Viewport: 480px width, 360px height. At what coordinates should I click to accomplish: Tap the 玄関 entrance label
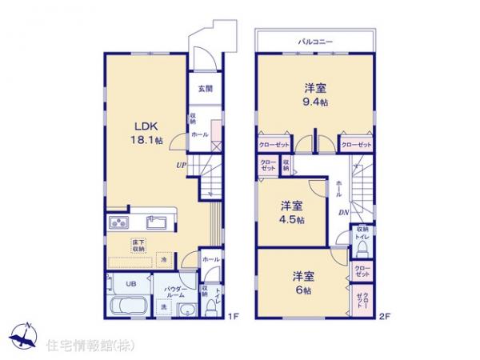pyautogui.click(x=206, y=89)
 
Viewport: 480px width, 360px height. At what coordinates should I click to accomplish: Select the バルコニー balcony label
pyautogui.click(x=315, y=40)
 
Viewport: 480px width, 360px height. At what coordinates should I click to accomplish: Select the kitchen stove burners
pyautogui.click(x=118, y=222)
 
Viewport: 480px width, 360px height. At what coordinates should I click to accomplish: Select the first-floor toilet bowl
pyautogui.click(x=212, y=306)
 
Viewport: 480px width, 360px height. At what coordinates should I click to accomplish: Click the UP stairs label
pyautogui.click(x=182, y=166)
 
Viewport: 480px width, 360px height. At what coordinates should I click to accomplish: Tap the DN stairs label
pyautogui.click(x=342, y=212)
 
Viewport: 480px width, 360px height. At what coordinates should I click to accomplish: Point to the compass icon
pyautogui.click(x=22, y=337)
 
